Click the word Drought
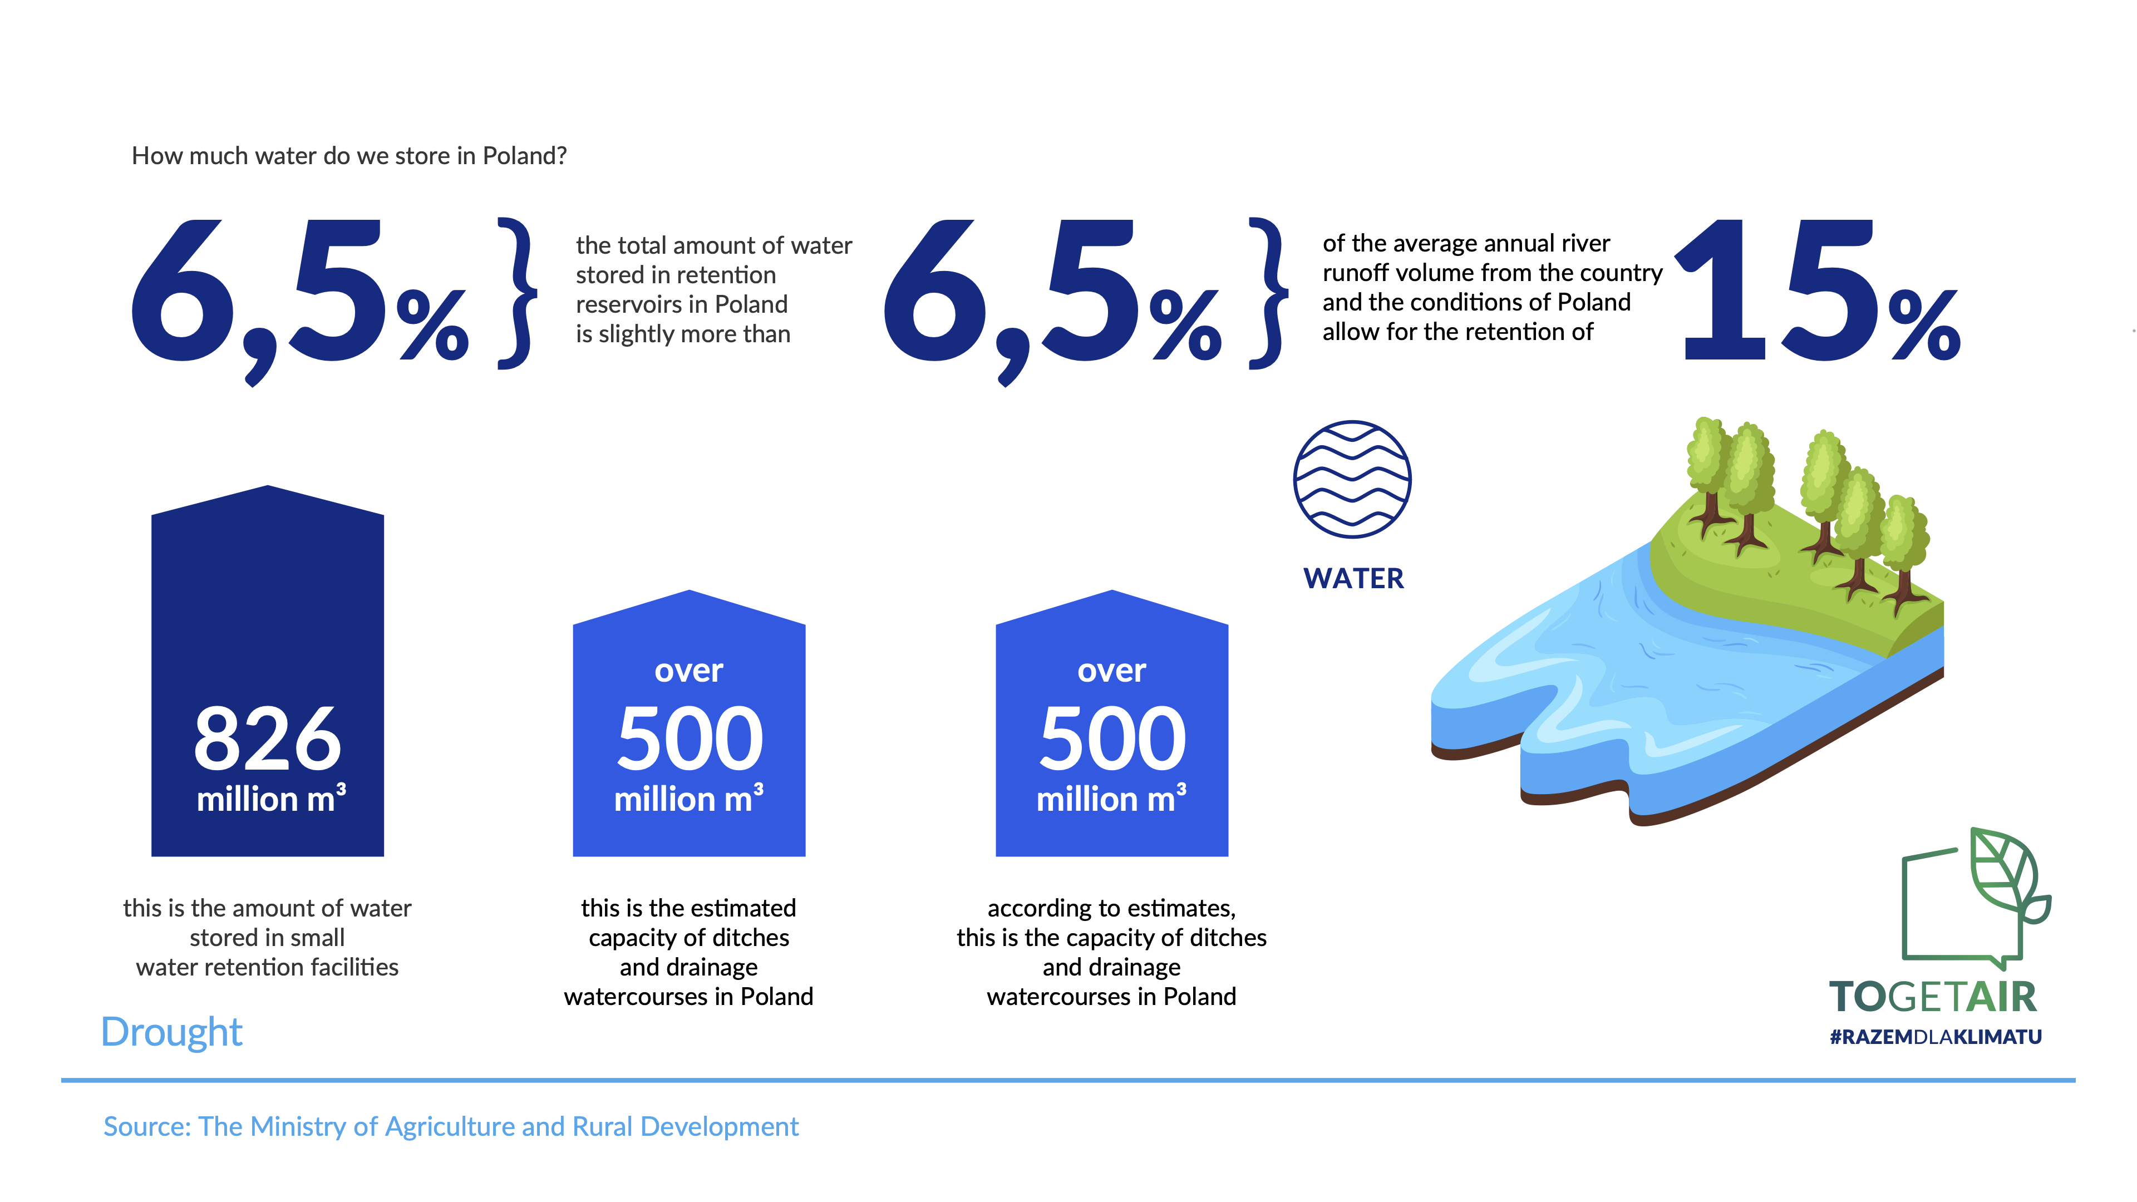coord(172,1032)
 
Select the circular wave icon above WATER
coord(1352,480)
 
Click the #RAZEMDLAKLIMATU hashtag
coord(1936,1037)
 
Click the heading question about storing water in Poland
coord(349,156)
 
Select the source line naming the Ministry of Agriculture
coord(451,1126)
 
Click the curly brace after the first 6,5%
coord(518,293)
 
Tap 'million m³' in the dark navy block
coord(271,798)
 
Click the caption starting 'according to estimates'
coord(1112,952)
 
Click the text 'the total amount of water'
coord(714,245)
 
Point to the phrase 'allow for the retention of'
coord(1458,332)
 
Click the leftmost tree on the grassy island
coord(1707,477)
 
